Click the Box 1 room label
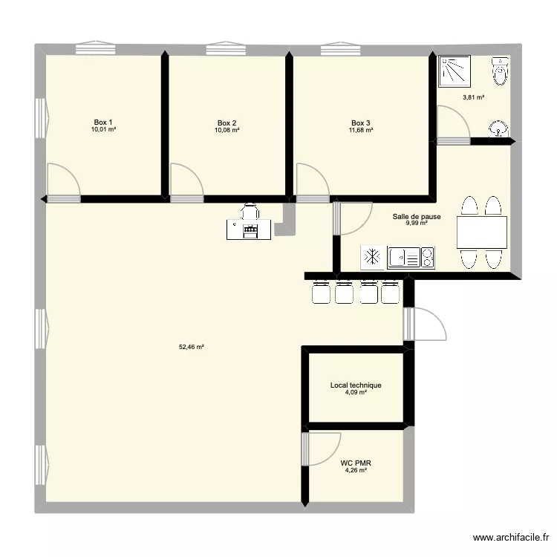[103, 123]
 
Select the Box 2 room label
[227, 123]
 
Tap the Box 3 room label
[361, 123]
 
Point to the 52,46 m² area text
[192, 346]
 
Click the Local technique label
[356, 385]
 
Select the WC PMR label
[356, 463]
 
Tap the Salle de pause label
[417, 217]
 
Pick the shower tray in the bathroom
[455, 71]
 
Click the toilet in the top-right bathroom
[501, 72]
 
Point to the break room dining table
[482, 232]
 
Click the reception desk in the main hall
[250, 228]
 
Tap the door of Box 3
[313, 183]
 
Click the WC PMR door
[318, 449]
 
